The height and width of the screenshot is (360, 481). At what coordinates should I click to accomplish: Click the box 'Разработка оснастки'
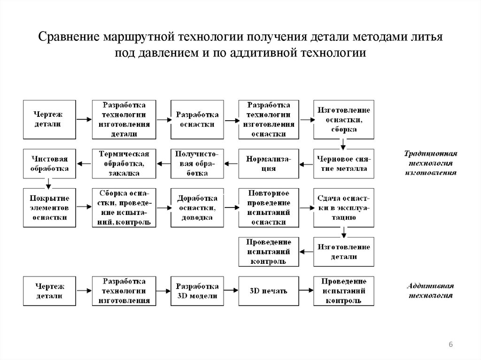pyautogui.click(x=197, y=119)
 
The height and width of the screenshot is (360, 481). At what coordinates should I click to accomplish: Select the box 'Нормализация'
pyautogui.click(x=269, y=163)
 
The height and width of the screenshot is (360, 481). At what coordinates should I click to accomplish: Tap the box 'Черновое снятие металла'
pyautogui.click(x=344, y=163)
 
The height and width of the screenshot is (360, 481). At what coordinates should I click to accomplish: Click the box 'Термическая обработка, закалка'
pyautogui.click(x=124, y=163)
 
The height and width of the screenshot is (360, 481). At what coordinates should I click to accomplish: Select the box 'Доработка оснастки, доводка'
pyautogui.click(x=197, y=207)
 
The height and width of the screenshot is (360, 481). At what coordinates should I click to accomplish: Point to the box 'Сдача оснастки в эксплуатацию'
pyautogui.click(x=344, y=207)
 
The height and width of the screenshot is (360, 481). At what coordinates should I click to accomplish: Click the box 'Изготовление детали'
pyautogui.click(x=344, y=252)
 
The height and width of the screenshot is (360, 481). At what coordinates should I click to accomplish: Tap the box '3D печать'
pyautogui.click(x=269, y=291)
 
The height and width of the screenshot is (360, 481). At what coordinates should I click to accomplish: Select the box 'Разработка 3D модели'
pyautogui.click(x=197, y=291)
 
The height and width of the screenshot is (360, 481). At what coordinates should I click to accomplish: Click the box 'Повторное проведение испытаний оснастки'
pyautogui.click(x=269, y=207)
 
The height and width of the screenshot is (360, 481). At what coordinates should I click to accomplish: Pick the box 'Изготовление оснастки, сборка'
pyautogui.click(x=344, y=119)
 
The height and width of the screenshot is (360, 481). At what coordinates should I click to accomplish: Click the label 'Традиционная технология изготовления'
pyautogui.click(x=431, y=163)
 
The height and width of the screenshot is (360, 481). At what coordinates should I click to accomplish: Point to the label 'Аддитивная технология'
pyautogui.click(x=431, y=291)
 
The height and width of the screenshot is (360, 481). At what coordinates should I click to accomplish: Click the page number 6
pyautogui.click(x=451, y=345)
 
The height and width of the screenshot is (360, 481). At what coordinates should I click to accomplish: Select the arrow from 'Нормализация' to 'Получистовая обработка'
pyautogui.click(x=231, y=164)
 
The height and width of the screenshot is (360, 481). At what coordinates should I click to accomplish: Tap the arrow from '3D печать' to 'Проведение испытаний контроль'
pyautogui.click(x=306, y=291)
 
